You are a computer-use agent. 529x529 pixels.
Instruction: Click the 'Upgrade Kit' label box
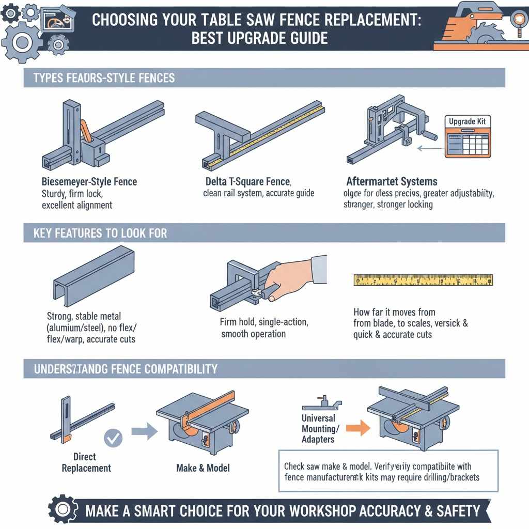tap(467, 121)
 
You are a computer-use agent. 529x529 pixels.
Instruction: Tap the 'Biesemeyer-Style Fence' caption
tap(89, 182)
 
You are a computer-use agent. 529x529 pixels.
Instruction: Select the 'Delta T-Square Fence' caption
tap(248, 182)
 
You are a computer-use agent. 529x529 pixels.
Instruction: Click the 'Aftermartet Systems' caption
tap(392, 182)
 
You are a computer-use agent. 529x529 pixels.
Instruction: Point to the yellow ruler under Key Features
tap(423, 280)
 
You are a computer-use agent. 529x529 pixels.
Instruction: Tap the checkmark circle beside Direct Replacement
tap(113, 439)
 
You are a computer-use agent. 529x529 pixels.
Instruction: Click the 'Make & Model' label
tap(203, 468)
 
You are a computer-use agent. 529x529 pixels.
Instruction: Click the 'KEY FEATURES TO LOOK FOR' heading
tap(100, 233)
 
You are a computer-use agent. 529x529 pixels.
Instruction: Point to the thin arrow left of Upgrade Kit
tap(427, 148)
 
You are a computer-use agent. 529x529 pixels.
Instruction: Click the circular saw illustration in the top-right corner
tap(480, 27)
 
